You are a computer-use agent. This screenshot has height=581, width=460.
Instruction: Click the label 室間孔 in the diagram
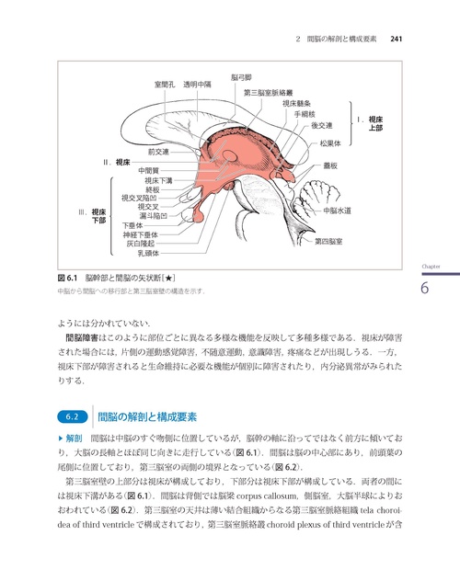tap(166, 85)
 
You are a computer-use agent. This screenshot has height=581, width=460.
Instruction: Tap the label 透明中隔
tap(197, 85)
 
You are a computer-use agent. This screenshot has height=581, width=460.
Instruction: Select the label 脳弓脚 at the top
tap(241, 78)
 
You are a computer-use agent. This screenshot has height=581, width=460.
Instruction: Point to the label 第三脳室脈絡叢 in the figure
tap(269, 93)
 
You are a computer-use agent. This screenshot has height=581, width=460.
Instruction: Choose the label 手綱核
tap(305, 114)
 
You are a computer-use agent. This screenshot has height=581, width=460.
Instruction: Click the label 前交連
tap(164, 152)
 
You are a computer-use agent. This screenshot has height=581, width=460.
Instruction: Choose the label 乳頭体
tap(148, 252)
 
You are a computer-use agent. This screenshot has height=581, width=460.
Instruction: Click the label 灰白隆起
tap(144, 243)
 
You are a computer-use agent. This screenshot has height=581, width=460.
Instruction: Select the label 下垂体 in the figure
tap(133, 224)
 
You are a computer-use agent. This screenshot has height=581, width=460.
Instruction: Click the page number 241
tap(398, 39)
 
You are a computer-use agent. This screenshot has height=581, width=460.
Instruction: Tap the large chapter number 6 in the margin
tap(425, 288)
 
